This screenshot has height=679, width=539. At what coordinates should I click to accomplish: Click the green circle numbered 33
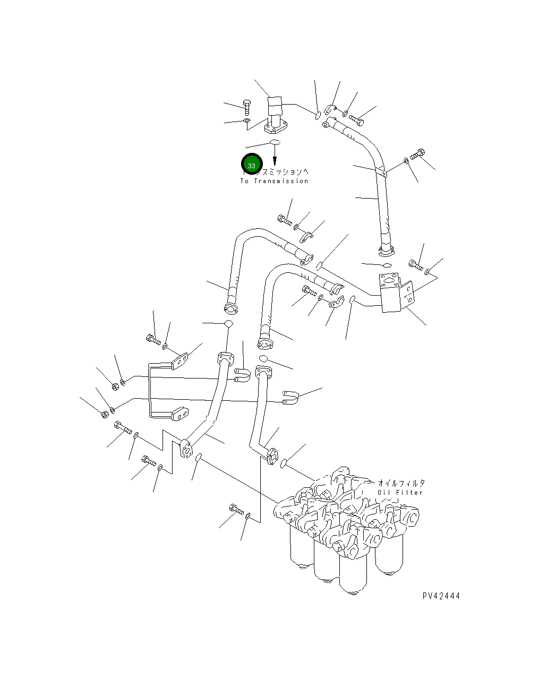point(252,165)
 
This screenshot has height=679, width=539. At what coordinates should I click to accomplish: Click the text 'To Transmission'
point(274,182)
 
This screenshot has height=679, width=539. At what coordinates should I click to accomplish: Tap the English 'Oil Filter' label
point(400,493)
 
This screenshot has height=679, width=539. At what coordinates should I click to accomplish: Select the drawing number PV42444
point(441,596)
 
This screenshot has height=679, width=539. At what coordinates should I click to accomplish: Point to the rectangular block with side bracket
point(393,293)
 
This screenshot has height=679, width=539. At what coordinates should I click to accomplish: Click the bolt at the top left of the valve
point(246,106)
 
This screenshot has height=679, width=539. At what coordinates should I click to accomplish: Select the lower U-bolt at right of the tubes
point(291,397)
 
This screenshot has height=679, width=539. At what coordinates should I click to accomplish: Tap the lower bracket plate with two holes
point(179,413)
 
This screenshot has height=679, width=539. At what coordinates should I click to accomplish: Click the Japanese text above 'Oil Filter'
point(401,483)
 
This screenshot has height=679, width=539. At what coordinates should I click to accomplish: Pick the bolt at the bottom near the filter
point(236,509)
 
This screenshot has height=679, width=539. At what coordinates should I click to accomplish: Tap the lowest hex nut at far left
point(105,412)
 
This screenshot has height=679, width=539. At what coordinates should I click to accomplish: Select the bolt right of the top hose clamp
point(356,119)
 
